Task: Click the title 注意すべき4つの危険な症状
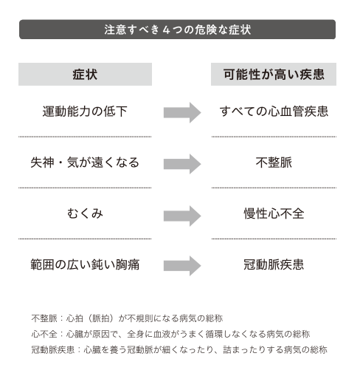pos(177,30)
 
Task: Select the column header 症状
pos(85,75)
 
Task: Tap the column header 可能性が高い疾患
pos(274,75)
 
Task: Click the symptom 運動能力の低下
pos(85,112)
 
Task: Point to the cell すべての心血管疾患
pos(274,112)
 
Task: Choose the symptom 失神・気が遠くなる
pos(85,162)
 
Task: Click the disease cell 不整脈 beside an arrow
pos(274,162)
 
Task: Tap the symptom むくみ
pos(85,213)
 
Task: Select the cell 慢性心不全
pos(274,213)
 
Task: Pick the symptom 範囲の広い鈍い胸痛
pos(85,264)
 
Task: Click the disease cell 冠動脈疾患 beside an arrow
pos(274,264)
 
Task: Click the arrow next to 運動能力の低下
pos(182,112)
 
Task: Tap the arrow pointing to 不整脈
pos(182,164)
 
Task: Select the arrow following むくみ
pos(182,216)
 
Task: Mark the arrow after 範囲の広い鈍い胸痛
pos(182,266)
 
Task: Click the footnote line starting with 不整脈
pos(127,318)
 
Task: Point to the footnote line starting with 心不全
pos(170,334)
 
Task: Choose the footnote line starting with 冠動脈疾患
pos(179,349)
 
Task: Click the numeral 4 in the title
pos(166,30)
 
